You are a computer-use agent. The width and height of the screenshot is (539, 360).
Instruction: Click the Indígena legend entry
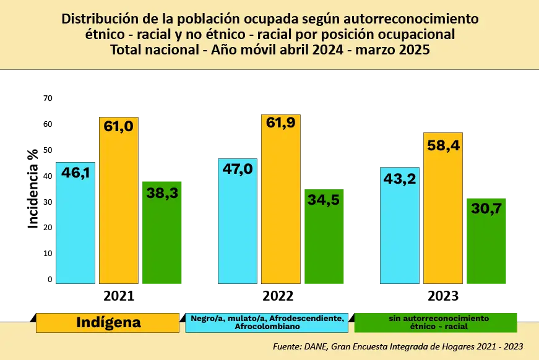coord(108,322)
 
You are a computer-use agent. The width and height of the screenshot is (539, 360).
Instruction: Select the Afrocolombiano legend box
coord(267,322)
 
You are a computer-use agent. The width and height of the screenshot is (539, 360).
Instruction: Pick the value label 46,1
coord(75,173)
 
